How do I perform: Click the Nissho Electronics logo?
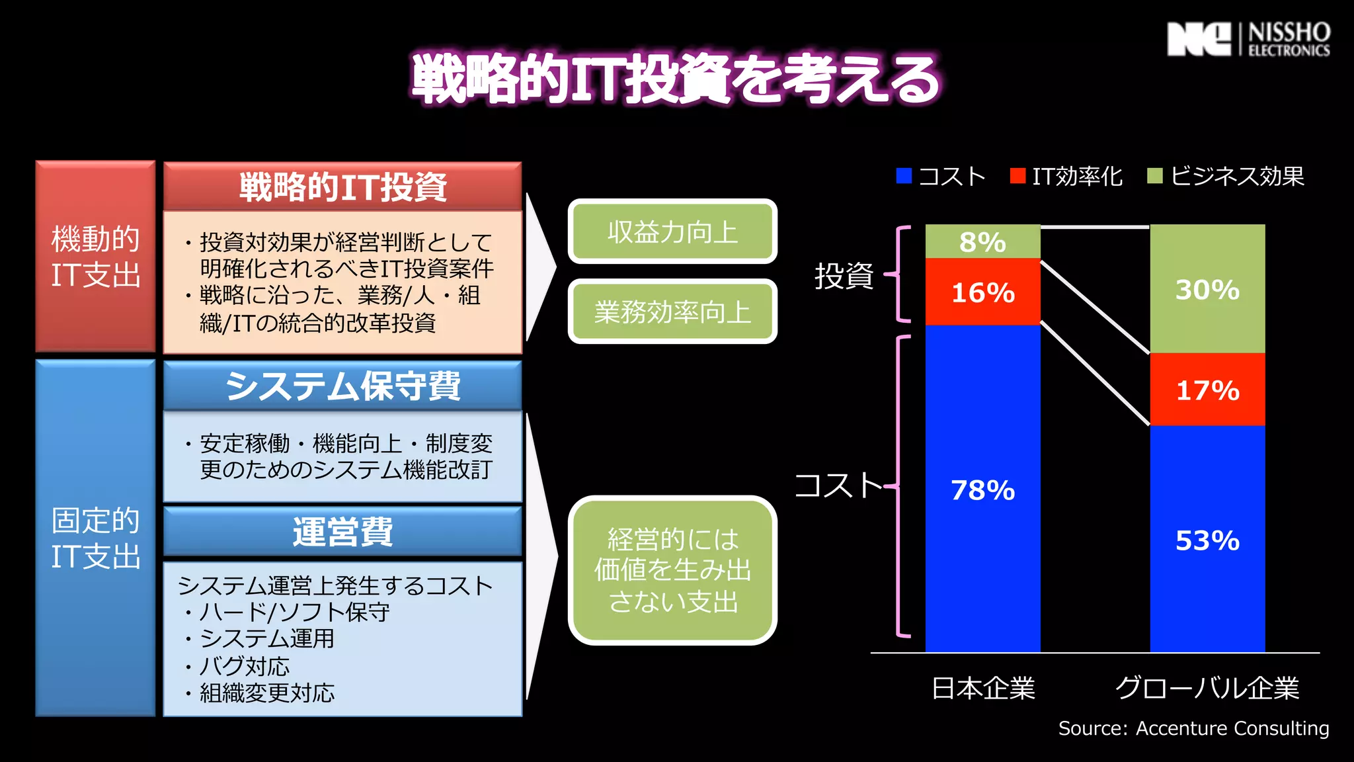pyautogui.click(x=1248, y=39)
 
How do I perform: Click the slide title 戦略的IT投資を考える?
pyautogui.click(x=676, y=79)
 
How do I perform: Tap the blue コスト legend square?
pyautogui.click(x=904, y=176)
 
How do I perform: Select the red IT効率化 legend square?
pyautogui.click(x=1017, y=176)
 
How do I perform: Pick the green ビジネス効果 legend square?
pyautogui.click(x=1154, y=176)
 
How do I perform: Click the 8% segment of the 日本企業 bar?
pyautogui.click(x=982, y=242)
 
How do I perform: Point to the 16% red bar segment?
pyautogui.click(x=982, y=292)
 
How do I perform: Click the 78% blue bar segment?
pyautogui.click(x=982, y=489)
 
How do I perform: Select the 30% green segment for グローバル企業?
pyautogui.click(x=1207, y=289)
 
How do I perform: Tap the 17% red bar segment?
pyautogui.click(x=1207, y=390)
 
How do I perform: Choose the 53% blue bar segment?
pyautogui.click(x=1207, y=540)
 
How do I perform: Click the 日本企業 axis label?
pyautogui.click(x=983, y=689)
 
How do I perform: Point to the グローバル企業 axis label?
pyautogui.click(x=1207, y=689)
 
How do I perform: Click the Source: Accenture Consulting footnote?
pyautogui.click(x=1193, y=728)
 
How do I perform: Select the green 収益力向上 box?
pyautogui.click(x=672, y=232)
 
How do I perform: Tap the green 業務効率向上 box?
pyautogui.click(x=672, y=312)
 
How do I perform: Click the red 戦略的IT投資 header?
pyautogui.click(x=342, y=187)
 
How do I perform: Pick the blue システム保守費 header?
pyautogui.click(x=342, y=386)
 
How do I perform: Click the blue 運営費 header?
pyautogui.click(x=342, y=532)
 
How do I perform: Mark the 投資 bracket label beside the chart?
pyautogui.click(x=844, y=275)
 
